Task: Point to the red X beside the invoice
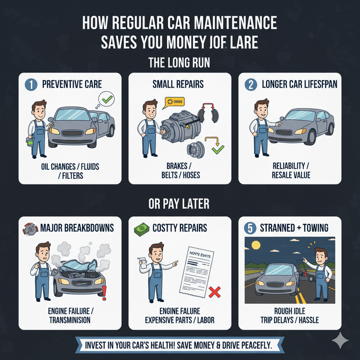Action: (213, 292)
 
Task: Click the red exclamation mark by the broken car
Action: (104, 291)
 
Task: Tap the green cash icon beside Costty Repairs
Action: (141, 228)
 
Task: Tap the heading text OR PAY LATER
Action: (180, 204)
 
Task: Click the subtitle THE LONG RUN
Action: (180, 61)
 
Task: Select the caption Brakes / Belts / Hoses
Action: (180, 170)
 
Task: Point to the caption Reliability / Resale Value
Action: (290, 170)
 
